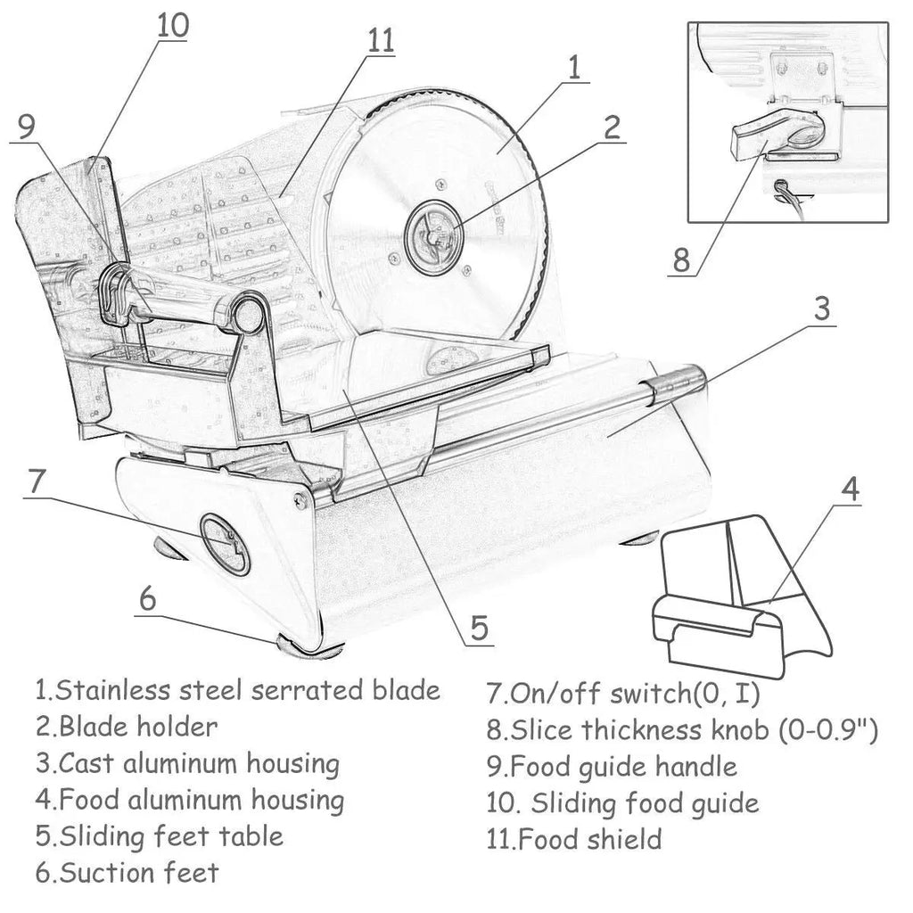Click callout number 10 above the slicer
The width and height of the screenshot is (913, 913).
(x=173, y=26)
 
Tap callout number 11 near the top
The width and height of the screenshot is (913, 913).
(x=381, y=41)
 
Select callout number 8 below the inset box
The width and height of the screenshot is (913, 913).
(x=682, y=259)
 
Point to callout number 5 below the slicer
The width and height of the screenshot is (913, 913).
(x=479, y=628)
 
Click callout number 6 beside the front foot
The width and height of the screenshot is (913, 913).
(x=148, y=598)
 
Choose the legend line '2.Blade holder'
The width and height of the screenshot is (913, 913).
(x=127, y=727)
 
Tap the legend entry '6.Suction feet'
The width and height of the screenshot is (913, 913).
(x=127, y=873)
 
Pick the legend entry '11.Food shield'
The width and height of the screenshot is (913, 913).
(x=574, y=840)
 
